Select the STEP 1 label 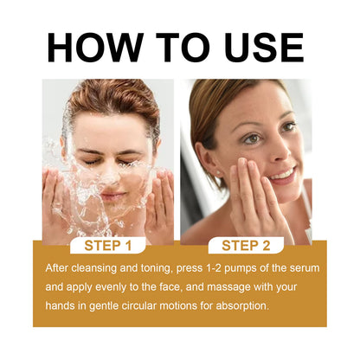coord(108,245)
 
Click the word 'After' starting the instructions coord(58,267)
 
